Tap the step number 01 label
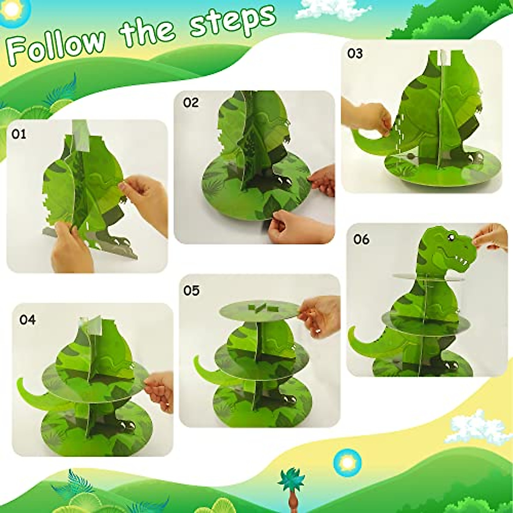(x=19, y=134)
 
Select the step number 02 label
(x=191, y=103)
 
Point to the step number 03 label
(x=355, y=53)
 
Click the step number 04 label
(x=27, y=319)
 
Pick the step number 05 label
(x=192, y=291)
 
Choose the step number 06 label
(x=361, y=239)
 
